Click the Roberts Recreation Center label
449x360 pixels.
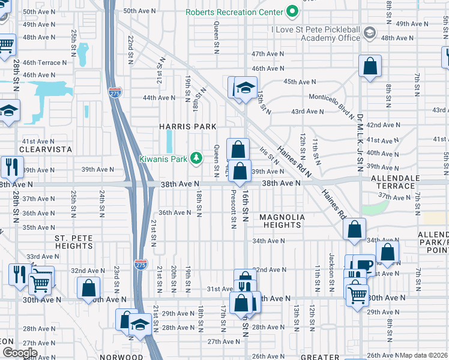(x=234, y=11)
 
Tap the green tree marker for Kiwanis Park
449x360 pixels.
(x=196, y=158)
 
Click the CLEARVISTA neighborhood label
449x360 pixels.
(x=46, y=149)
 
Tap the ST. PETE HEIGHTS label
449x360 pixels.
(x=74, y=242)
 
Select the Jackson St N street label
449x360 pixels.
(x=331, y=265)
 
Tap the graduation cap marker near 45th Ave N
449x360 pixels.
(x=245, y=88)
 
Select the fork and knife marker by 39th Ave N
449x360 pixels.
(x=12, y=167)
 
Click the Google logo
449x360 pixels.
(x=20, y=353)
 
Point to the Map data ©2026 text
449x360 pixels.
(x=423, y=355)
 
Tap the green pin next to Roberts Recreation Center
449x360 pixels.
(x=292, y=11)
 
